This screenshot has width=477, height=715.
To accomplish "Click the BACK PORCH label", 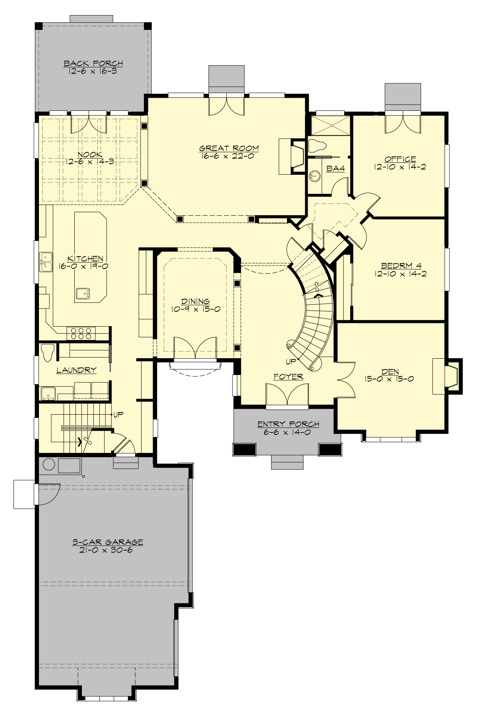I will click(93, 64).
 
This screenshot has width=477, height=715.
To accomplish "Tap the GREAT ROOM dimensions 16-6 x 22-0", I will click(229, 156).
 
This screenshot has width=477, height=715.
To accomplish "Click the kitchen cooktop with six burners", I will click(81, 333).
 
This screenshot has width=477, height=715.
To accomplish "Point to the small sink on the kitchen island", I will click(83, 294).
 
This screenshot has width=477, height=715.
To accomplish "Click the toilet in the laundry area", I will click(48, 352).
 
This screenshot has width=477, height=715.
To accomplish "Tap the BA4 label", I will click(335, 169).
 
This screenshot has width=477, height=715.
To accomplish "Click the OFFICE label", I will click(400, 159).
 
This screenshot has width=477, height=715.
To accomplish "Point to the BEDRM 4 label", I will click(400, 266).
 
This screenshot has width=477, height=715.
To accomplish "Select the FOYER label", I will click(288, 377).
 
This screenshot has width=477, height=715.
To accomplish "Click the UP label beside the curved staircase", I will click(291, 362).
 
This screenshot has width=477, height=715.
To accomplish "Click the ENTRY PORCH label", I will click(288, 424).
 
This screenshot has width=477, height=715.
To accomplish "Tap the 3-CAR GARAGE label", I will click(108, 542).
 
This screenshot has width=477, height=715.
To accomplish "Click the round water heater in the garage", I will click(49, 464).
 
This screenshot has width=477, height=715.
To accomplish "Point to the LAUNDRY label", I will click(76, 370).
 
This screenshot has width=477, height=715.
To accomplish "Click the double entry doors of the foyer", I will click(287, 396).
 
